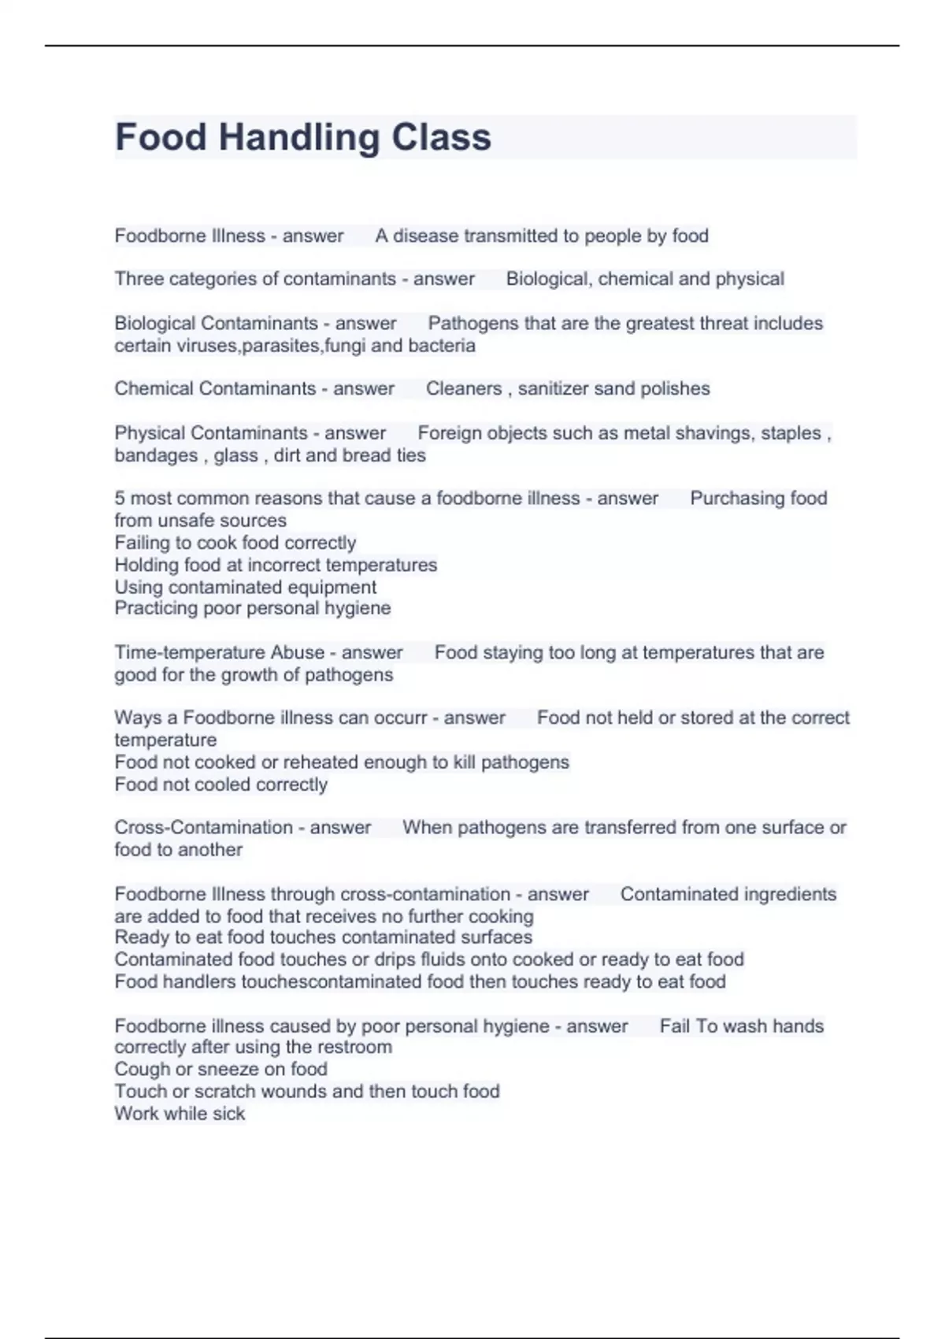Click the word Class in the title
click(441, 137)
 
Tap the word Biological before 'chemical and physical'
click(548, 279)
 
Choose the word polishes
click(675, 388)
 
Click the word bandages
click(155, 455)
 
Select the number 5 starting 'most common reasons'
click(120, 499)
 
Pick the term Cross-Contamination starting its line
click(203, 828)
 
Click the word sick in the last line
click(228, 1114)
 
